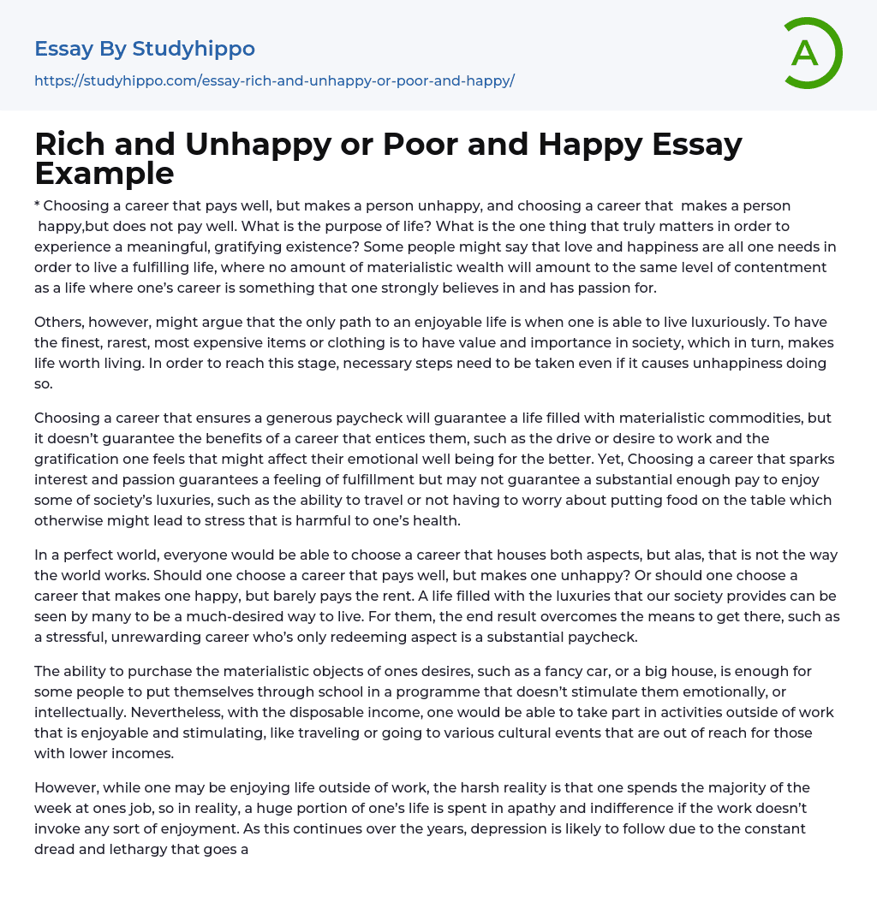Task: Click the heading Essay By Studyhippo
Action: coord(145,49)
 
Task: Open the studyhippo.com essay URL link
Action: coord(274,81)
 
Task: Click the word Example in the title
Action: coord(104,173)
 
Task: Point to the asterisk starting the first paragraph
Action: coord(38,206)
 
